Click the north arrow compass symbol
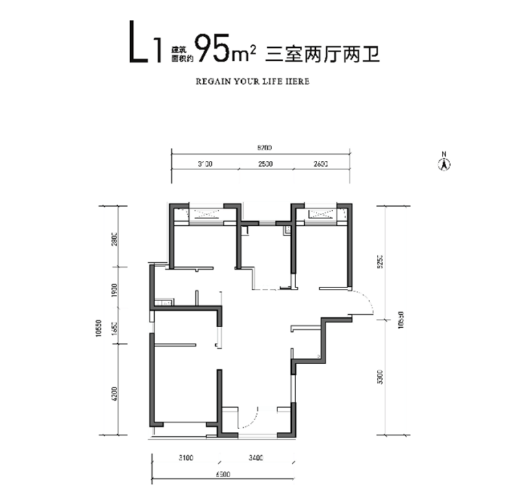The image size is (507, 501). point(444,163)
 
